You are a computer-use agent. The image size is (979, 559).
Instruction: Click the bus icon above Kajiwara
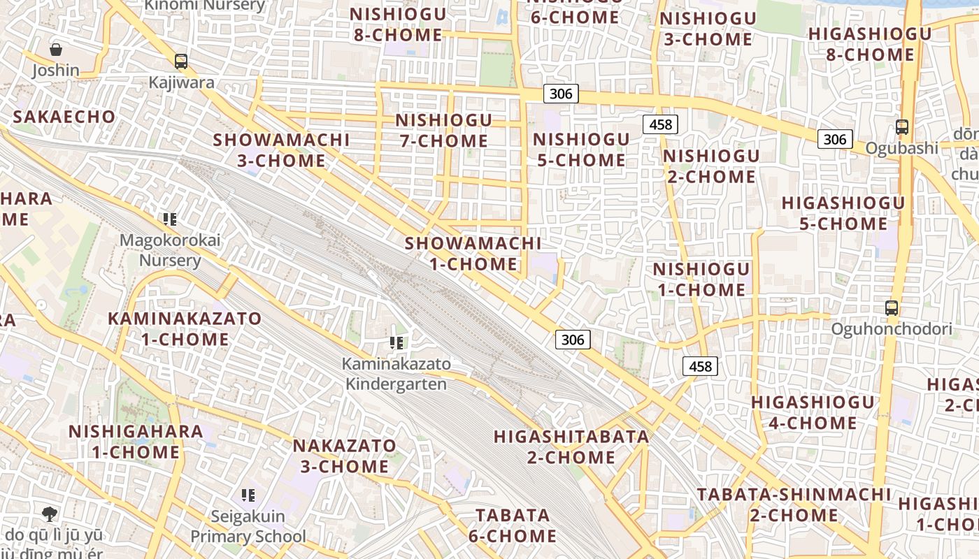click(181, 61)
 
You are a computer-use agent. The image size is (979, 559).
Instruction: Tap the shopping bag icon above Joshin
click(56, 50)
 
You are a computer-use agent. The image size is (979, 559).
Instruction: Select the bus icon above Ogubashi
click(902, 127)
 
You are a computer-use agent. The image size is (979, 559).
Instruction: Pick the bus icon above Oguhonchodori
click(892, 307)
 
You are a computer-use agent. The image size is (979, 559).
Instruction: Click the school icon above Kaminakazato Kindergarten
click(396, 343)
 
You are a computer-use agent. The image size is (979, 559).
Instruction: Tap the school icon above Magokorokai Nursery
click(169, 219)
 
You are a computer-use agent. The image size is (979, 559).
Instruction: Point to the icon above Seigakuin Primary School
click(248, 495)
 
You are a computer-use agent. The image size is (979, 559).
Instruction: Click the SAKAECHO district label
click(64, 117)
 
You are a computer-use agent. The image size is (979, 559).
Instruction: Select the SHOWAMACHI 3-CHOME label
click(281, 150)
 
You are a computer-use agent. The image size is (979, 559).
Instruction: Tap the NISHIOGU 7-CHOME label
click(443, 131)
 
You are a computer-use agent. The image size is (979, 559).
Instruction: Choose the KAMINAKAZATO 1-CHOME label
click(185, 329)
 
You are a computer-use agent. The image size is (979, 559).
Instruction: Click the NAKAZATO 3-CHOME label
click(344, 456)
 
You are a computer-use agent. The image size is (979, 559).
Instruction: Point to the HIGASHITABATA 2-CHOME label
click(571, 447)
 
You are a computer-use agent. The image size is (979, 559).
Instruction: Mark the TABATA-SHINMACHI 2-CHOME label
click(794, 504)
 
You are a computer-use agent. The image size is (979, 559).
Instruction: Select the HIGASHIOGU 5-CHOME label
click(843, 213)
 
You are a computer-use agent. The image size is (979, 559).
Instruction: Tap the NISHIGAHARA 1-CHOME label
click(136, 441)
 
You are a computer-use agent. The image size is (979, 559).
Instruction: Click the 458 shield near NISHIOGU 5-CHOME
click(660, 124)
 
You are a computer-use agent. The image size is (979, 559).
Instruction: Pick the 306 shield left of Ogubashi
click(834, 139)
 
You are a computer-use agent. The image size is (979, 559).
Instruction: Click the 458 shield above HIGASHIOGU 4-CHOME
click(700, 365)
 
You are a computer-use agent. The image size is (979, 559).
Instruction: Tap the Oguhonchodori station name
click(892, 329)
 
